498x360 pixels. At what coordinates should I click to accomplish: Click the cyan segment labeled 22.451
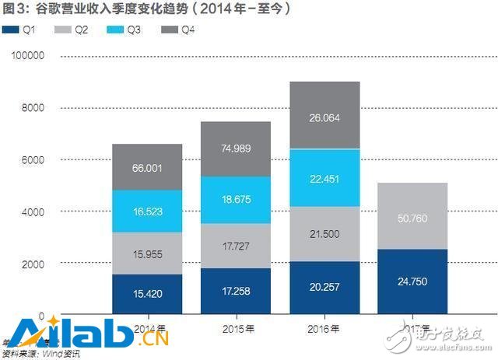pyautogui.click(x=324, y=178)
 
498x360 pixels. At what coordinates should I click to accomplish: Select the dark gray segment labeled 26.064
pyautogui.click(x=324, y=115)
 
